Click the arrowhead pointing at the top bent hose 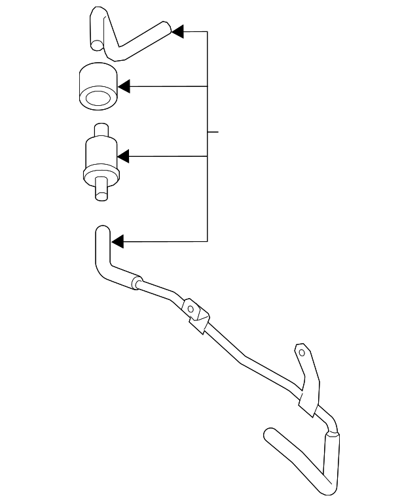click(177, 31)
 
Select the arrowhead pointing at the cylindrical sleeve click(124, 86)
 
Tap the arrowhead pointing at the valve click(123, 156)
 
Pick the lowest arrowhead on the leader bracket click(117, 242)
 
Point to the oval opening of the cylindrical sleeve click(96, 100)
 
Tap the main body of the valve click(100, 152)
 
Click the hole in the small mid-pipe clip click(189, 308)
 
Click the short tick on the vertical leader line click(212, 131)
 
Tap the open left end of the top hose click(97, 45)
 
